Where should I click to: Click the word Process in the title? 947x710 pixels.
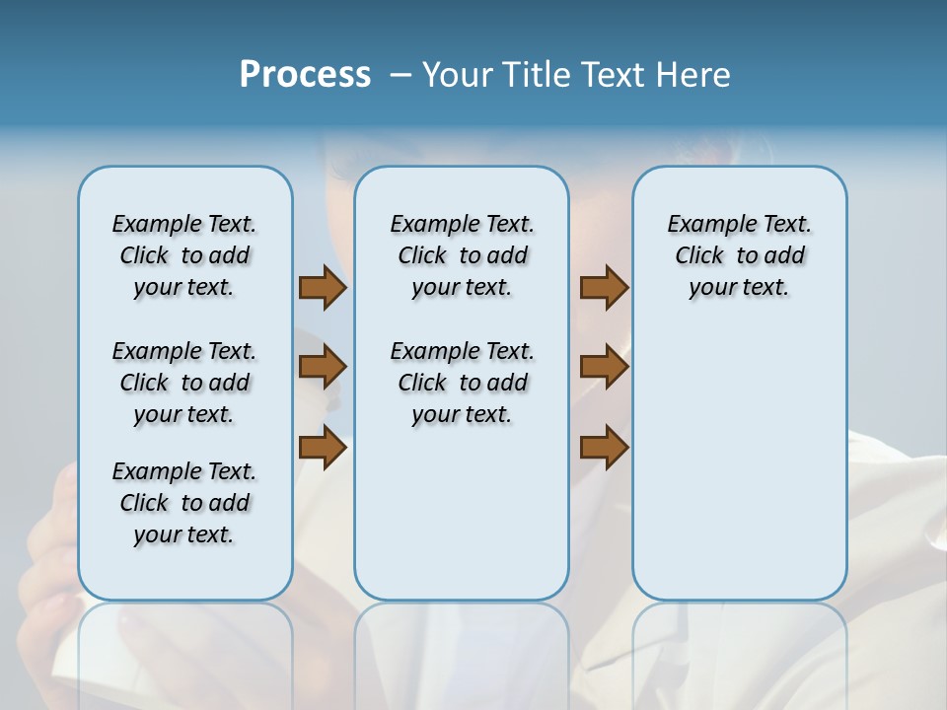pos(305,75)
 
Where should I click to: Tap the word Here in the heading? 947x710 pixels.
pos(694,75)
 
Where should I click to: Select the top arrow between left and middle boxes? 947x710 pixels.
pos(323,288)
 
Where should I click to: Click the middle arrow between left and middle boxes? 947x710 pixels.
pos(323,367)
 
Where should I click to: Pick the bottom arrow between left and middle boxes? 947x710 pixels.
pos(323,447)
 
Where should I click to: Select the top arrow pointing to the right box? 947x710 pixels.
pos(604,288)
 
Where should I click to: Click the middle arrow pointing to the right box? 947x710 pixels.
pos(604,367)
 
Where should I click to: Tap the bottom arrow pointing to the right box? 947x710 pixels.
pos(604,447)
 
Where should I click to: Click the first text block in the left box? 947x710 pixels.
pos(184,255)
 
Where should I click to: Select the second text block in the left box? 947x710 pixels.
pos(184,383)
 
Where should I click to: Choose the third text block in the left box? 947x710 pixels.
pos(184,503)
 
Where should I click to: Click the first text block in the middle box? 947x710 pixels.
pos(462,255)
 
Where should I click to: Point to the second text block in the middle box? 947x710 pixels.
pos(462,383)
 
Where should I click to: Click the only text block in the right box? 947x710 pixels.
pos(739,255)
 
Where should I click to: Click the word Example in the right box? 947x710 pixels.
pos(704,224)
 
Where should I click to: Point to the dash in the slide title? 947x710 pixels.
pos(401,76)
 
